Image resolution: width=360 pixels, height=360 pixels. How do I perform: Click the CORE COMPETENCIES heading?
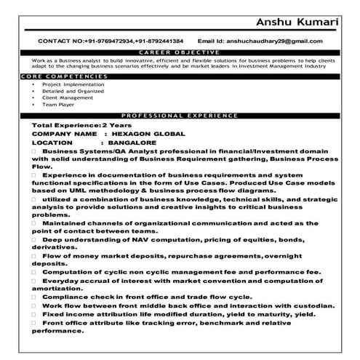coord(49,76)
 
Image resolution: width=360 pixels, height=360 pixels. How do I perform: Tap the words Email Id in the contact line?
coord(213,41)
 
